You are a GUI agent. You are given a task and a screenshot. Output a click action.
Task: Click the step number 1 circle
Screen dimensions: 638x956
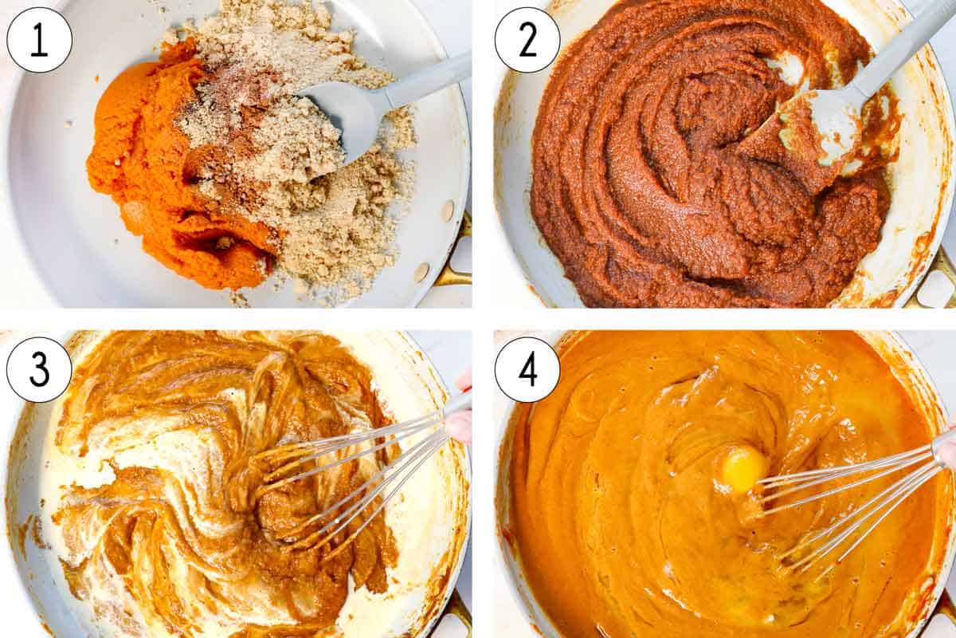pyautogui.click(x=39, y=40)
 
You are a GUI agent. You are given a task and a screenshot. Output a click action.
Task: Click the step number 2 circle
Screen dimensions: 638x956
pyautogui.click(x=527, y=40)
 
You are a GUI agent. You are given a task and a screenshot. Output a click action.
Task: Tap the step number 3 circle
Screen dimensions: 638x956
pyautogui.click(x=39, y=369)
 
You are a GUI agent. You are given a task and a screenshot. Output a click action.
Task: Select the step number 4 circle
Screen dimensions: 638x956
pyautogui.click(x=527, y=369)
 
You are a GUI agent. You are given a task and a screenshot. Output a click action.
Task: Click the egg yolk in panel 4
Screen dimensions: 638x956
pyautogui.click(x=742, y=468)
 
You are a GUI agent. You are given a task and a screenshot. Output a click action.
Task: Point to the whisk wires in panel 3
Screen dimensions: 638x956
pyautogui.click(x=351, y=478)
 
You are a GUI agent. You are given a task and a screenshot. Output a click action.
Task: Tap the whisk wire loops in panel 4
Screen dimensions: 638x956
pyautogui.click(x=836, y=510)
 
